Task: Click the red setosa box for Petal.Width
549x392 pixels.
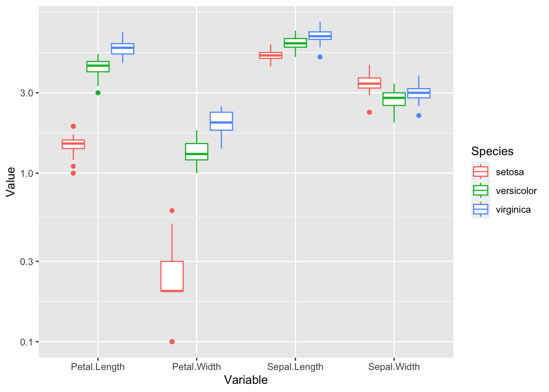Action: pos(172,276)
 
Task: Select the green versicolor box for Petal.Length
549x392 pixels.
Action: pos(98,67)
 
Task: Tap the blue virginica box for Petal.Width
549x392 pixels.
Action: pos(221,121)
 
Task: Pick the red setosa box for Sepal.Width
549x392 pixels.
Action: pos(369,83)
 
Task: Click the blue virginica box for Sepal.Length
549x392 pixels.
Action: pos(320,36)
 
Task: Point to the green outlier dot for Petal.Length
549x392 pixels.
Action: pos(98,93)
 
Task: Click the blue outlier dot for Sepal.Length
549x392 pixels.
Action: pos(320,57)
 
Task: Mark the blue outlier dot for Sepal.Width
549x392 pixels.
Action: pos(419,116)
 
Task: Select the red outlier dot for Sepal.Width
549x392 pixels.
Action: pos(369,112)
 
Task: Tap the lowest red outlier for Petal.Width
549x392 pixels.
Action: pos(172,341)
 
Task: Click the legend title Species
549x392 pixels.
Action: pos(492,151)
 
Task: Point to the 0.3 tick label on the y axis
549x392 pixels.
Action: pos(27,261)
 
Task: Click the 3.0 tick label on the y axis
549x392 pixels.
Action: pos(27,93)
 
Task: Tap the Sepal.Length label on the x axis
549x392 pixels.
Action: pos(295,367)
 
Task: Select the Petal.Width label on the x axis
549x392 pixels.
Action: pos(196,367)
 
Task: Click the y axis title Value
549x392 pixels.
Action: pos(11,182)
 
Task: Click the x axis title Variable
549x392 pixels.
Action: pos(246,380)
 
